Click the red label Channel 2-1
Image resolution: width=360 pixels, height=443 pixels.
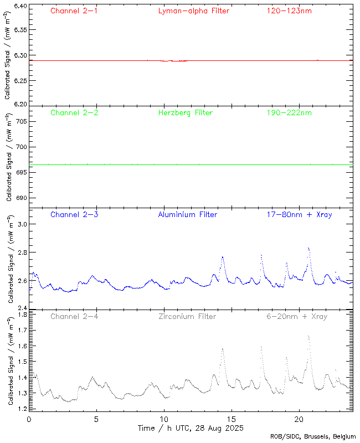tap(74, 11)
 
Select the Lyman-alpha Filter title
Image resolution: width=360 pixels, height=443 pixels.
tap(193, 11)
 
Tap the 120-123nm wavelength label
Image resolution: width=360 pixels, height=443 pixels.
tap(289, 11)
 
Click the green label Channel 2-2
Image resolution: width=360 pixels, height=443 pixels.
tap(74, 112)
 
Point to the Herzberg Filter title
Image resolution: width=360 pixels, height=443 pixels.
tap(185, 112)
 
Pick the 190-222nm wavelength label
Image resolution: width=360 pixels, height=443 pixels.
tap(289, 112)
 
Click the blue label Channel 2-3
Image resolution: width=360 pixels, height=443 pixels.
tap(74, 214)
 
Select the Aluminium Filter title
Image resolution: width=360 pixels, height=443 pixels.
tap(187, 214)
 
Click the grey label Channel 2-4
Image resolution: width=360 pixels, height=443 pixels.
tap(74, 316)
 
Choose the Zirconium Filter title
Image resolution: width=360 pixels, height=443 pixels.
tap(187, 316)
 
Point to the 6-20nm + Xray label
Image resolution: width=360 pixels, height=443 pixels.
tap(296, 316)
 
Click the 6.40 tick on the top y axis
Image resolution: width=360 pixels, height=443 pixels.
tap(19, 6)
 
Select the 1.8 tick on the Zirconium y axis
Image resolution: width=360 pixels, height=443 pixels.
tap(21, 315)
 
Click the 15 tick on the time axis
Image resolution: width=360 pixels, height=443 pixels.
tap(232, 419)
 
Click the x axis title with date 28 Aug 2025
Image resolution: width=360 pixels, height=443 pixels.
tap(191, 428)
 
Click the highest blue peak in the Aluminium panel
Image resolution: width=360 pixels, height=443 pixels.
tap(308, 248)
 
